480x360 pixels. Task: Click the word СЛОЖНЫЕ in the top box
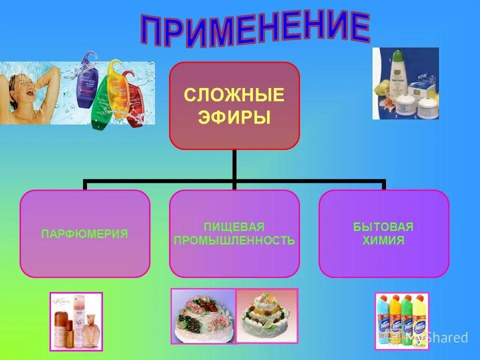pyautogui.click(x=234, y=94)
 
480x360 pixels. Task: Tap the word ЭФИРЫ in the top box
pyautogui.click(x=234, y=117)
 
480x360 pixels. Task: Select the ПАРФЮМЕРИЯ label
pyautogui.click(x=84, y=233)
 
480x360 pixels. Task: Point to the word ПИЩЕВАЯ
pyautogui.click(x=234, y=227)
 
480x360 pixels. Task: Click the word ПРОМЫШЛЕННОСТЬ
pyautogui.click(x=234, y=240)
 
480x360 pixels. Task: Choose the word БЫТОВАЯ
pyautogui.click(x=383, y=227)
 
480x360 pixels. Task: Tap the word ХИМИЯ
pyautogui.click(x=383, y=240)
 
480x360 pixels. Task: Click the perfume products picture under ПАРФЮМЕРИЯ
pyautogui.click(x=76, y=321)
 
